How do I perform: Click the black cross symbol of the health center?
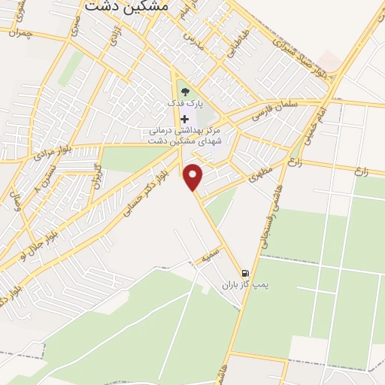tap(185, 119)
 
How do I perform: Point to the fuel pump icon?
tap(244, 274)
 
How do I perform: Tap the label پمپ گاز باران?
tap(244, 286)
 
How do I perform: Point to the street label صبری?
tap(74, 28)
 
